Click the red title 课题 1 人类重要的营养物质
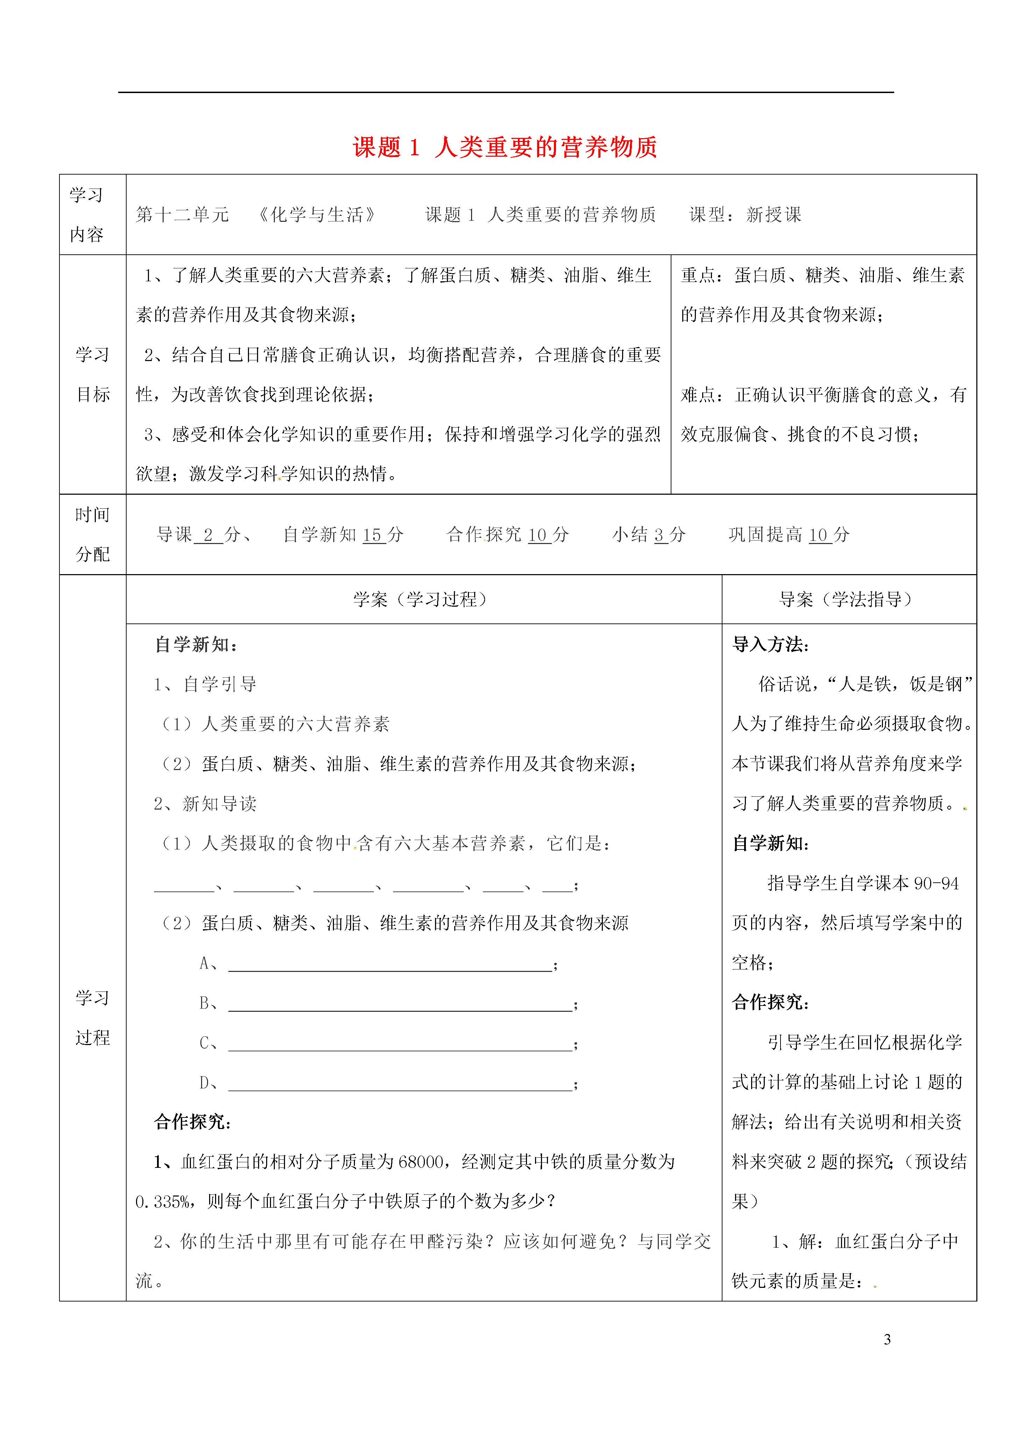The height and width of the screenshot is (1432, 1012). [505, 148]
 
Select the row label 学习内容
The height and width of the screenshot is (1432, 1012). [87, 214]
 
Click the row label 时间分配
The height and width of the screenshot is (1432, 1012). [92, 535]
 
